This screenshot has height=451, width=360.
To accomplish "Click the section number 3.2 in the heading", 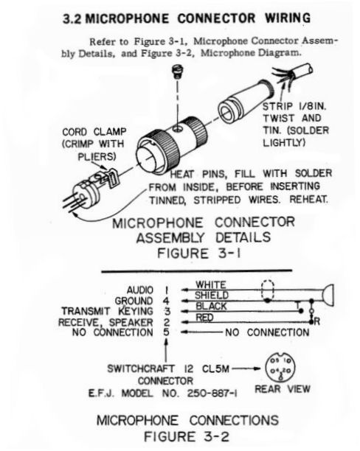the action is [72, 19].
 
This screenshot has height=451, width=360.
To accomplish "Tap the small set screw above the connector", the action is [177, 72].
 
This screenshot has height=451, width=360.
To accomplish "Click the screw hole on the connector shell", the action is [177, 128].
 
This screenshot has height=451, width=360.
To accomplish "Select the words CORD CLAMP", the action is [94, 132].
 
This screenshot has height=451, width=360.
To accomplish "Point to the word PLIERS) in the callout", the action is [97, 156].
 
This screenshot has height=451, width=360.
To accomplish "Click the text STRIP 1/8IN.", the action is [294, 106].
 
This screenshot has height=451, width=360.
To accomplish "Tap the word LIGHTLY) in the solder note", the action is [284, 142].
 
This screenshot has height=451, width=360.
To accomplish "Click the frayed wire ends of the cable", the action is [284, 75].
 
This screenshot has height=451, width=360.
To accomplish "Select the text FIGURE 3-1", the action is [198, 254].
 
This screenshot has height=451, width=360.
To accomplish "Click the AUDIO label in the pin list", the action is [140, 290].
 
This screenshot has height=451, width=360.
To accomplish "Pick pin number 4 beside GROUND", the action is [166, 301].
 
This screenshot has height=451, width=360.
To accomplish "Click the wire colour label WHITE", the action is [211, 284].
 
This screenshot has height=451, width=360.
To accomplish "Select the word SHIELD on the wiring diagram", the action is [212, 295].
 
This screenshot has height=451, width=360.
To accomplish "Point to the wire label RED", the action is [204, 318].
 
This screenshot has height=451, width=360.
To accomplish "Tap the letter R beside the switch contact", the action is [317, 321].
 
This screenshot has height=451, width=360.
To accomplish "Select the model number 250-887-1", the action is [212, 394].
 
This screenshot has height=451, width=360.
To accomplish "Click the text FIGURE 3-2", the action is [187, 436].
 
